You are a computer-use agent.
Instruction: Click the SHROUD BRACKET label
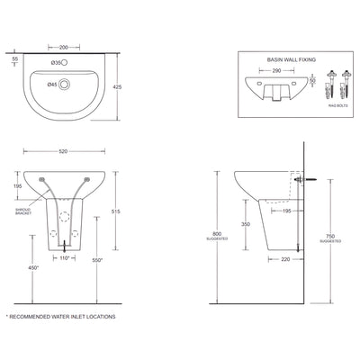coord(24,211)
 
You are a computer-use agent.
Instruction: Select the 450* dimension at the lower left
coord(32,267)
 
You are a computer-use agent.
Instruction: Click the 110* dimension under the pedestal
coord(64,258)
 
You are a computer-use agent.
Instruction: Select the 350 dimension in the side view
coord(245,223)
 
